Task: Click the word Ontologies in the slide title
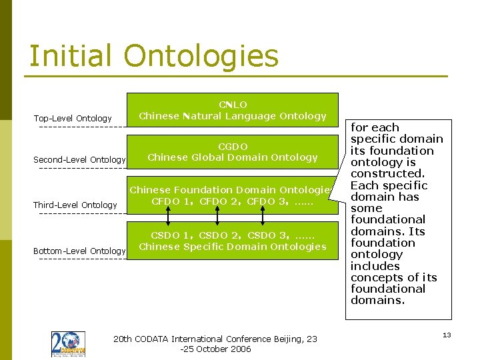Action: [x=201, y=56]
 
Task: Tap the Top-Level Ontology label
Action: [x=73, y=119]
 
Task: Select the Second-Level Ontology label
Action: [x=79, y=160]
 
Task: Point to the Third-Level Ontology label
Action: [x=75, y=205]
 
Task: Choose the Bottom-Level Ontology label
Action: [x=79, y=251]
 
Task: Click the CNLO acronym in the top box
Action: [x=233, y=105]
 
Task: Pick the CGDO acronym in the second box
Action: [x=233, y=147]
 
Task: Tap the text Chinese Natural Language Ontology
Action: [x=233, y=116]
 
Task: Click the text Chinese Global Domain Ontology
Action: [x=233, y=157]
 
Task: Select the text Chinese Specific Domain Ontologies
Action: [x=233, y=247]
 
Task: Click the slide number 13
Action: [x=447, y=335]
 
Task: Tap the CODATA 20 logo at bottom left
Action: [x=68, y=344]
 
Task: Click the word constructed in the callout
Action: [x=388, y=174]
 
